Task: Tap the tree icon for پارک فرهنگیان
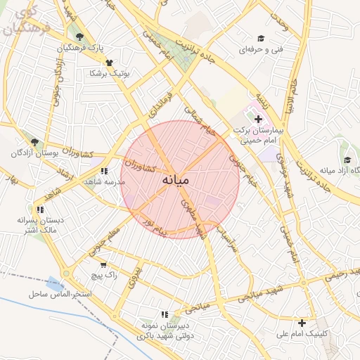pos(79,37)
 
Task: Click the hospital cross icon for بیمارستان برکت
pos(258,120)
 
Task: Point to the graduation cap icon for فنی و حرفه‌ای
pos(261,39)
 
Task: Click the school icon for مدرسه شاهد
pos(104,171)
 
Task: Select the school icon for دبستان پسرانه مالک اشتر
pos(40,210)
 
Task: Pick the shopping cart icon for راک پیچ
pos(104,265)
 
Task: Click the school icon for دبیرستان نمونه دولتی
pos(165,314)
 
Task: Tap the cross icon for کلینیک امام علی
pos(302,323)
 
